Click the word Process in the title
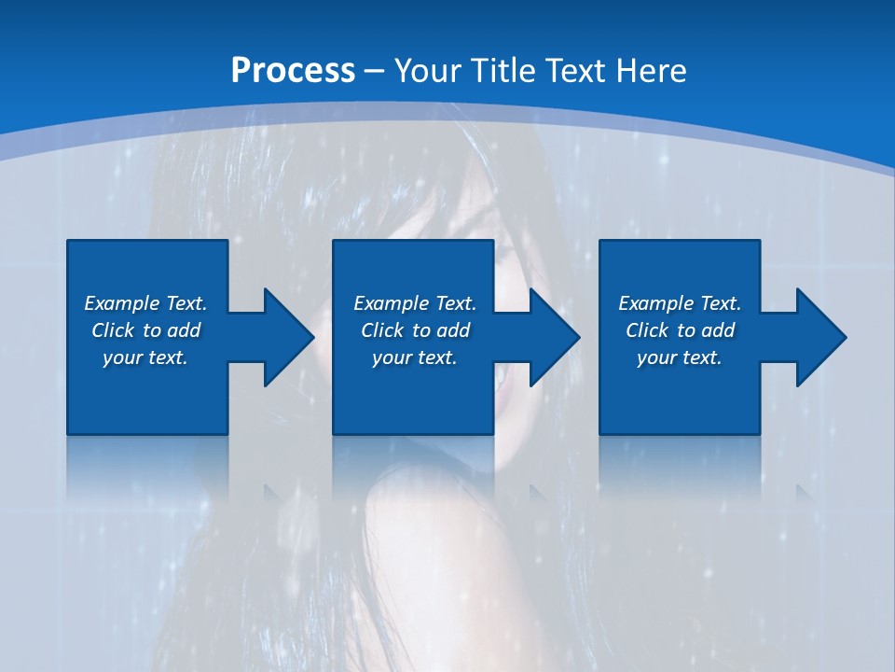click(293, 70)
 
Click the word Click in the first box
click(113, 330)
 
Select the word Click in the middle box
click(382, 330)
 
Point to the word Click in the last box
click(647, 330)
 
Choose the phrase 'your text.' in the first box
click(145, 357)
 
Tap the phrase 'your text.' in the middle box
click(415, 357)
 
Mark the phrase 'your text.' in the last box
click(680, 357)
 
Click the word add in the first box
click(185, 330)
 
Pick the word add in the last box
click(719, 330)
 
